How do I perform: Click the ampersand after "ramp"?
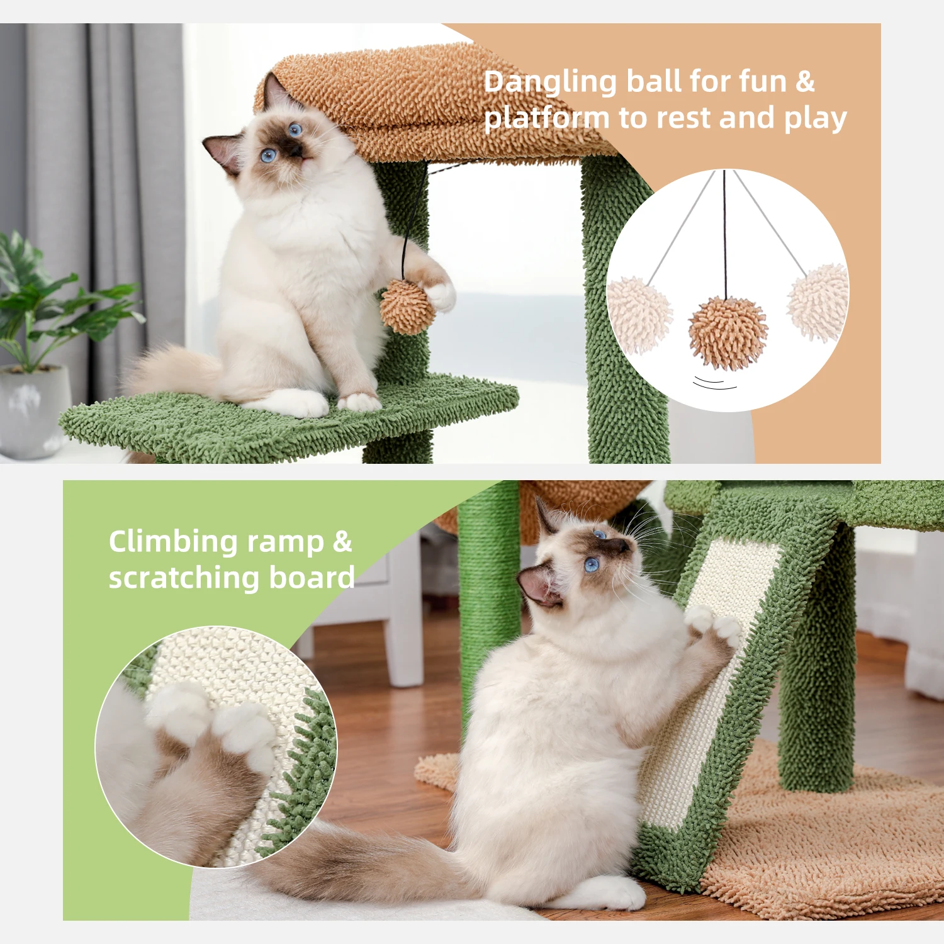pos(342,541)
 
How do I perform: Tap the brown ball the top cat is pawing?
pos(407,306)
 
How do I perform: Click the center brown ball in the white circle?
pos(728,332)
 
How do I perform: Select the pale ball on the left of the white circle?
pos(638,314)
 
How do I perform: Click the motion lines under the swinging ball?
pos(715,383)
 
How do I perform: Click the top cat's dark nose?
pos(293,151)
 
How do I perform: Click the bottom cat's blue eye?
pos(592,565)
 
